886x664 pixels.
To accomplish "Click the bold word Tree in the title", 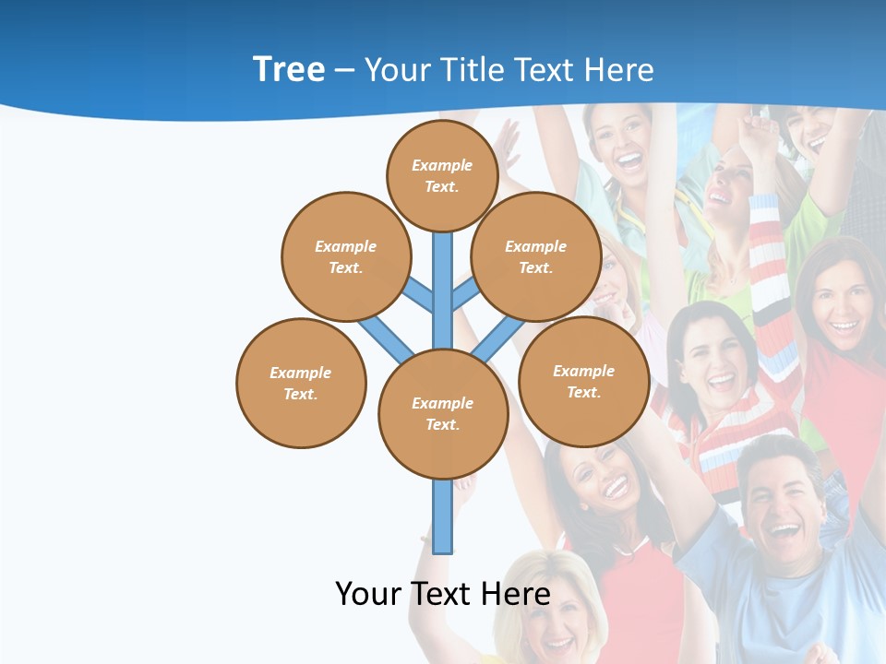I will point(289,69).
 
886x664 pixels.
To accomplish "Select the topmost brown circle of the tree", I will point(442,175).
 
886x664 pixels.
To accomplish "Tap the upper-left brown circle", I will point(345,256).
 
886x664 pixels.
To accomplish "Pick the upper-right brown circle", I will point(536,256).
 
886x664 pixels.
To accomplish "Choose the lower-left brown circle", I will point(301,383).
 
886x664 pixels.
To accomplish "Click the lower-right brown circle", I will point(583,381).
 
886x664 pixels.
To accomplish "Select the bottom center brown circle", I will point(443,414).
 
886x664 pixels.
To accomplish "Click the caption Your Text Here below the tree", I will point(442,593).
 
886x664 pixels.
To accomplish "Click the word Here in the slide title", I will point(619,70).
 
